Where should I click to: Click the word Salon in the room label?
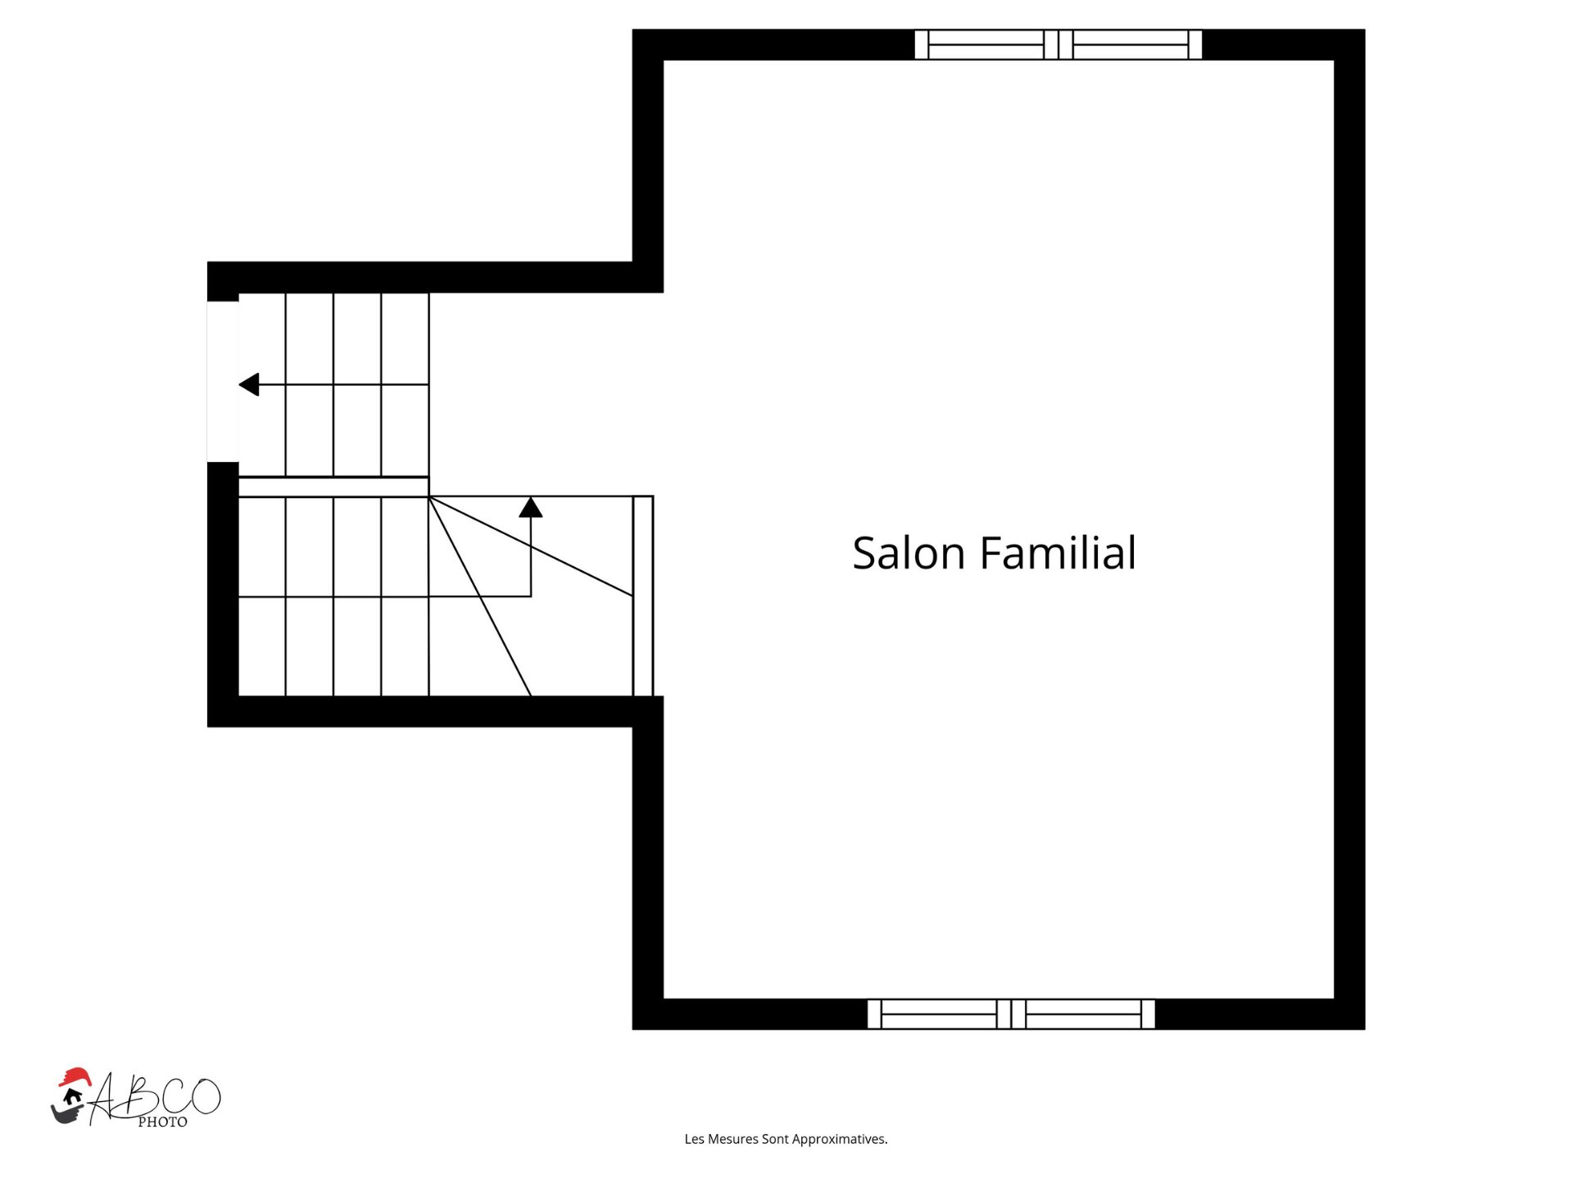(909, 553)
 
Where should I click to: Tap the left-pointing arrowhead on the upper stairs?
(249, 384)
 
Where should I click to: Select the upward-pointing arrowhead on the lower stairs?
(531, 507)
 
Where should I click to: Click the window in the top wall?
(1058, 44)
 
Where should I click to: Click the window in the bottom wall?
(1011, 1013)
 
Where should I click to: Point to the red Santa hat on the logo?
(75, 1077)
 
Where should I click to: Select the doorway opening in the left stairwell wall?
(223, 382)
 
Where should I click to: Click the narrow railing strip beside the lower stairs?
(643, 596)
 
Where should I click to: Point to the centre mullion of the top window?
(1058, 44)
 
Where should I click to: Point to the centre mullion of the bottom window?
(1011, 1013)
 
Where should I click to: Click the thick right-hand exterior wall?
(1349, 529)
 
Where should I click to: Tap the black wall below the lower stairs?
(435, 711)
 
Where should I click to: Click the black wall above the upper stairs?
(435, 277)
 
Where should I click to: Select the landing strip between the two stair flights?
(333, 487)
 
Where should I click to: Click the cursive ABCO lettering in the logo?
(156, 1096)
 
